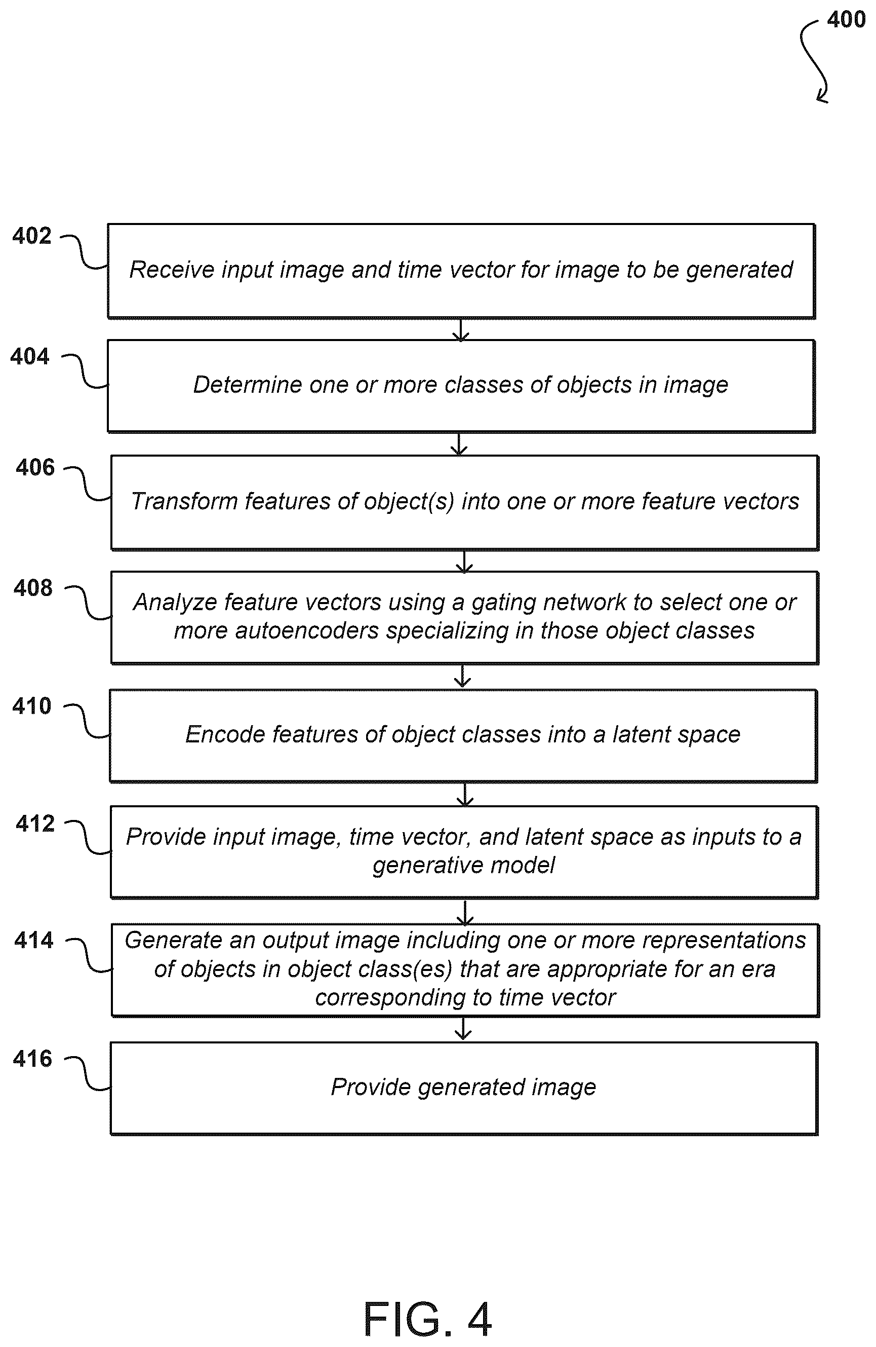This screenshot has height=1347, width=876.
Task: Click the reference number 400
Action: [x=846, y=20]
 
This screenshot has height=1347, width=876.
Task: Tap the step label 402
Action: [x=32, y=236]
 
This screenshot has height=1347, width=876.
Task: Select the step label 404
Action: [x=30, y=357]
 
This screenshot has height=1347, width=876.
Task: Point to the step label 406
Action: [x=35, y=467]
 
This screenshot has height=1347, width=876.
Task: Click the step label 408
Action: [x=33, y=588]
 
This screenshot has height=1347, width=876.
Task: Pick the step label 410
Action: [x=32, y=706]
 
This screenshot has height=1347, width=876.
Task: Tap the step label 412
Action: [x=35, y=824]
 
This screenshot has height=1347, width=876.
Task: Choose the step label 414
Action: [x=34, y=941]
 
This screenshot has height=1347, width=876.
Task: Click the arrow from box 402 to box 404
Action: [x=461, y=329]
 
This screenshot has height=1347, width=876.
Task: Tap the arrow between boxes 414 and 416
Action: [x=463, y=1029]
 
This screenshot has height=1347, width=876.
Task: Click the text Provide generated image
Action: [x=463, y=1087]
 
